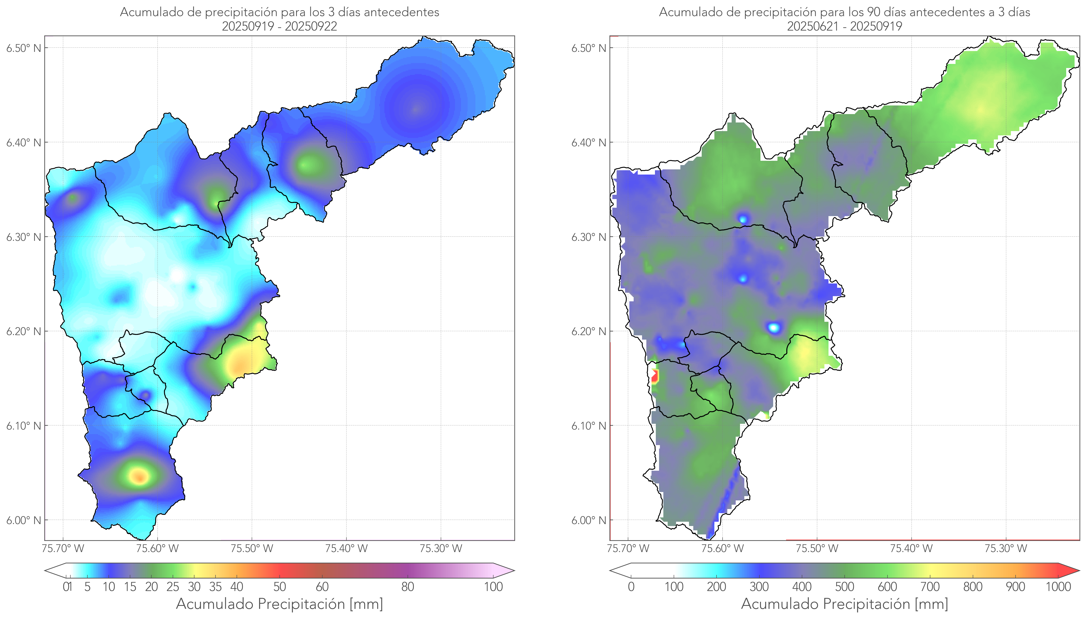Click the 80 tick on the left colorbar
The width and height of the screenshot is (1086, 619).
407,587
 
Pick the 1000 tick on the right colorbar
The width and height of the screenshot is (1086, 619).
1058,587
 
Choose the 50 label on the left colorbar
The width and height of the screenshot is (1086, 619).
279,587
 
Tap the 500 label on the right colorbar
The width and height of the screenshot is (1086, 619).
844,587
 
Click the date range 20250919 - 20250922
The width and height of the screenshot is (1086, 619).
279,26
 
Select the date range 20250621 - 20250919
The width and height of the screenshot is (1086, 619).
844,26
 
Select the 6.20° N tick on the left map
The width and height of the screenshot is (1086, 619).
24,331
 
